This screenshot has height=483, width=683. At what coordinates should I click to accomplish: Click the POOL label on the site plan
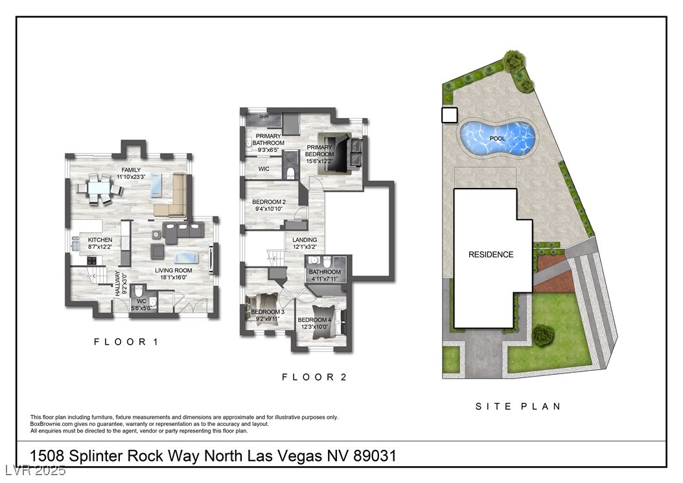pyautogui.click(x=498, y=139)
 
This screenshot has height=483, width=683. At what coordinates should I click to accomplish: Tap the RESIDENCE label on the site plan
pyautogui.click(x=491, y=255)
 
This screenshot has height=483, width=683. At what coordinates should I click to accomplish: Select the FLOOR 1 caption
pyautogui.click(x=126, y=342)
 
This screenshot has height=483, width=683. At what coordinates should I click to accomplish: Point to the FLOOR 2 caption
pyautogui.click(x=314, y=377)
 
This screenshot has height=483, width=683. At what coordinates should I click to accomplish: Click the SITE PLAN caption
pyautogui.click(x=517, y=406)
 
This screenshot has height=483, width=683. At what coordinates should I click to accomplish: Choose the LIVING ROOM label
pyautogui.click(x=175, y=272)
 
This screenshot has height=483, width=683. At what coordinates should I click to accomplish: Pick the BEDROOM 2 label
pyautogui.click(x=269, y=206)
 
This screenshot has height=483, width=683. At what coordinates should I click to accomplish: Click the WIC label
pyautogui.click(x=264, y=169)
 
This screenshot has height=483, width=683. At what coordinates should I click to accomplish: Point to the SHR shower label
pyautogui.click(x=264, y=117)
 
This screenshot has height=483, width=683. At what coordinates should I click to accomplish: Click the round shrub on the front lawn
pyautogui.click(x=543, y=335)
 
